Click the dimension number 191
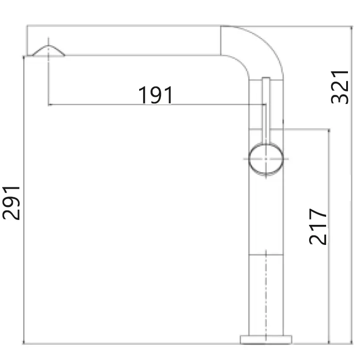point(155,95)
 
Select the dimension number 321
point(339,87)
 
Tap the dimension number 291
point(11,203)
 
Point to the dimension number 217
point(318,227)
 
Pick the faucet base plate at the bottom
point(266,339)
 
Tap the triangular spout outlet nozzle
point(48,50)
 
